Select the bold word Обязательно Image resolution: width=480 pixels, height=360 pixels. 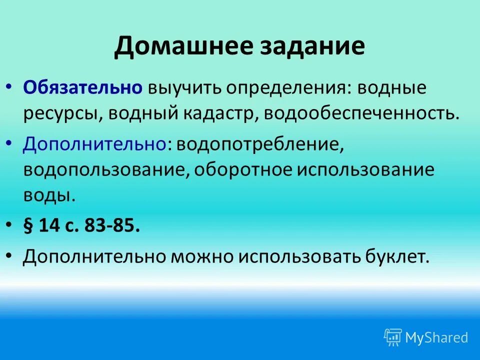pos(82,88)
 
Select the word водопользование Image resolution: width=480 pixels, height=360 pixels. pos(104,169)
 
